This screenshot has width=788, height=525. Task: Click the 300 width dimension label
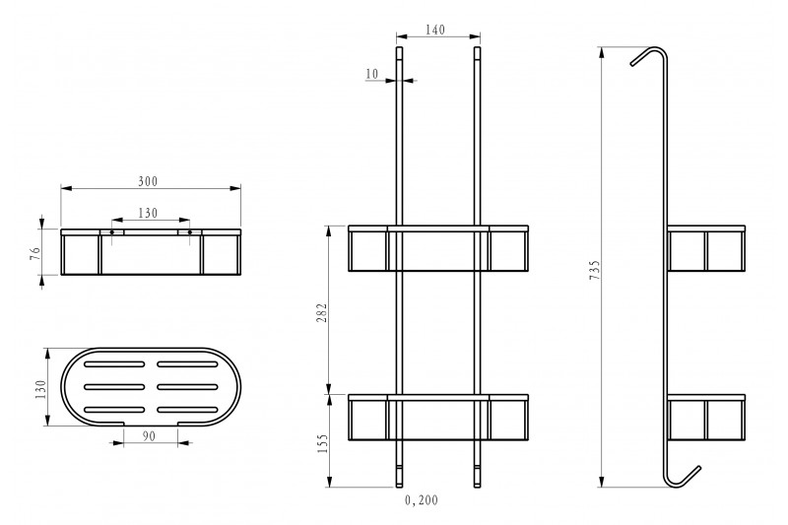coord(148,181)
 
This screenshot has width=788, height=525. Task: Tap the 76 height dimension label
coord(35,253)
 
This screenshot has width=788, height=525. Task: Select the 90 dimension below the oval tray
coord(149,436)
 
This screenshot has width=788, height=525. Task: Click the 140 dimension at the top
coord(435,31)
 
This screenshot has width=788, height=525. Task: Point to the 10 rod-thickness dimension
coord(372,74)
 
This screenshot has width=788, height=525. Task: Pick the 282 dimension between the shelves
coord(322,312)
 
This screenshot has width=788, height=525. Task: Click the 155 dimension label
coord(322,443)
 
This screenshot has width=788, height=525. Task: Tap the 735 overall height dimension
coord(595,270)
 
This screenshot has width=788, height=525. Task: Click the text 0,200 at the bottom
coord(422,500)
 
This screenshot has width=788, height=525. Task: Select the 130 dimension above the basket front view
coord(148,214)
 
